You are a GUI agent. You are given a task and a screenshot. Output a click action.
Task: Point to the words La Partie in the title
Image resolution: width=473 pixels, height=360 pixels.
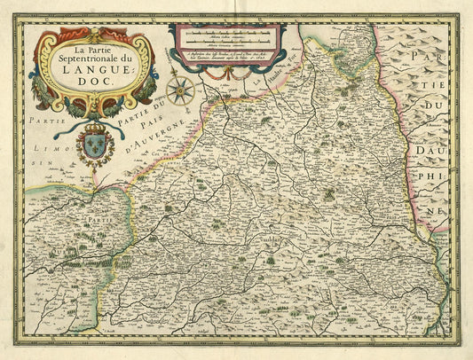coord(92,43)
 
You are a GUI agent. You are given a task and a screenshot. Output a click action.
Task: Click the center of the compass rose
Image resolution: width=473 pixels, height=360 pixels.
coord(180,89)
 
